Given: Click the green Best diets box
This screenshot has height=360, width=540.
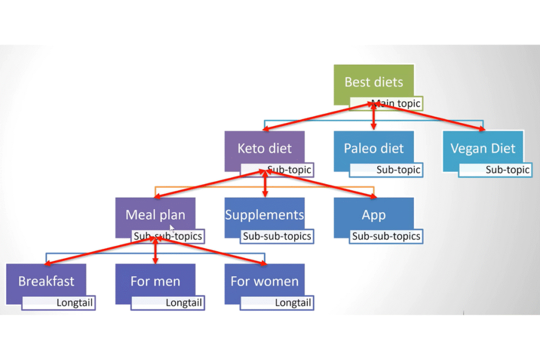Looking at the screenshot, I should tap(373, 82).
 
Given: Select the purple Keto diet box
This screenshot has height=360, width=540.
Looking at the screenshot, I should tap(264, 148).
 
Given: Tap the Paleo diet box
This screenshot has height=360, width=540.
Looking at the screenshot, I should tap(373, 148).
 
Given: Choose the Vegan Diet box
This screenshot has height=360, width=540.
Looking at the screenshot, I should tap(483, 148).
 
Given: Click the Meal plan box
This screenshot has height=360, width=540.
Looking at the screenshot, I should tap(155, 215).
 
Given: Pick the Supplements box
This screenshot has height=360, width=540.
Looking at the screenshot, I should tap(264, 215).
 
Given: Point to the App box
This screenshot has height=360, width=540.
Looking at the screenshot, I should tap(373, 215).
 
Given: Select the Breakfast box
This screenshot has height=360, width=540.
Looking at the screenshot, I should tap(46, 280).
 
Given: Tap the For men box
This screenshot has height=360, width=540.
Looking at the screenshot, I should tap(155, 280).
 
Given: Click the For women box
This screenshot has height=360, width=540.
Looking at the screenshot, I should tap(264, 280).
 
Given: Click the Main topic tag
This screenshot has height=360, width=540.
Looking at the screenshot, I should tap(396, 103).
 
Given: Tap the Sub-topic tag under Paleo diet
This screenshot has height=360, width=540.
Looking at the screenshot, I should tap(398, 170).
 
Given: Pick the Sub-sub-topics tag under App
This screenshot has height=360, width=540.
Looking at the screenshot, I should tap(387, 236).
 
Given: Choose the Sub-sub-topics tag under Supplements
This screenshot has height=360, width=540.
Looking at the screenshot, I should tap(277, 236).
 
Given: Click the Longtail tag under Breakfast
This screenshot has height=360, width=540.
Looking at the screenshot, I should tap(74, 303).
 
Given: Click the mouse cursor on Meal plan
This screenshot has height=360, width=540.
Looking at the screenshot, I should tap(172, 228).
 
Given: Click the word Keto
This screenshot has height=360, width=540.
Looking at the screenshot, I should tap(250, 148).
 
